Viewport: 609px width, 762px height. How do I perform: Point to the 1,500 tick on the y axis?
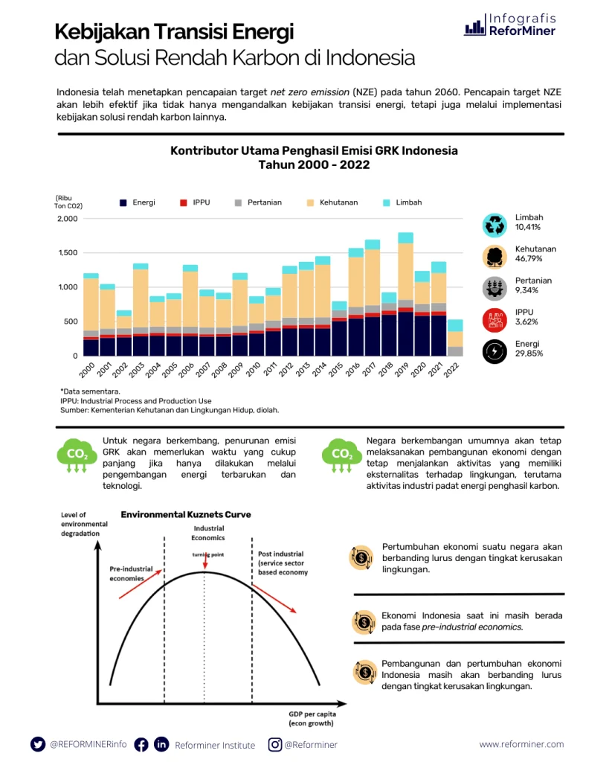click(x=67, y=253)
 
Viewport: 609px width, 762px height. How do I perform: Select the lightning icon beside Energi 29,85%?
click(x=494, y=351)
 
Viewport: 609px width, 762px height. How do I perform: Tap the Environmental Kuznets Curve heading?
click(x=186, y=514)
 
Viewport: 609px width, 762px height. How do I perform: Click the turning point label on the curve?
click(x=207, y=555)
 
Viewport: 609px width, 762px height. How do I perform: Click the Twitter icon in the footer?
click(x=38, y=744)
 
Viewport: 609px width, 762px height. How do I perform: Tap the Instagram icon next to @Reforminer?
click(x=275, y=744)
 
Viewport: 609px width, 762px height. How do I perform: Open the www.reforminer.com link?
click(x=521, y=744)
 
